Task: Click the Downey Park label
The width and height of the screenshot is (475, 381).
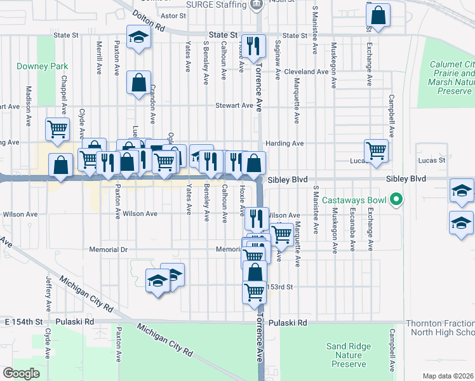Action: click(x=32, y=66)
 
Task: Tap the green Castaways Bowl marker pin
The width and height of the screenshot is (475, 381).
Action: click(x=398, y=200)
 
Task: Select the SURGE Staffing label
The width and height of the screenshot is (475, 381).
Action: click(x=216, y=5)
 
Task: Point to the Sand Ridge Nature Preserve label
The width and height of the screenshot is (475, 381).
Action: click(x=346, y=355)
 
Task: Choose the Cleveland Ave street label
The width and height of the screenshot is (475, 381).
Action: click(x=306, y=72)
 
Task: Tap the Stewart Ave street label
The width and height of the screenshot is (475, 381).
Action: click(x=234, y=105)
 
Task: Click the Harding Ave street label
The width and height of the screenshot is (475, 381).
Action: click(x=285, y=144)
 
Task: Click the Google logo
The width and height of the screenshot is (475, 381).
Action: click(x=21, y=373)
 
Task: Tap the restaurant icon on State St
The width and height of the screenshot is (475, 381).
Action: click(x=253, y=46)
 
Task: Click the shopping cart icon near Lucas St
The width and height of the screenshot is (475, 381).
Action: click(x=376, y=150)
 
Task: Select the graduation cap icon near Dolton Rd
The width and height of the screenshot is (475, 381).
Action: click(x=137, y=37)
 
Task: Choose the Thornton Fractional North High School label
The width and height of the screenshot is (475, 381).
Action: click(x=441, y=328)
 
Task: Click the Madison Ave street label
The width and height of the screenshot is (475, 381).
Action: click(x=29, y=102)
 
